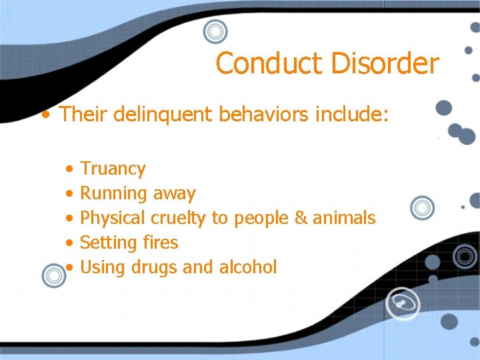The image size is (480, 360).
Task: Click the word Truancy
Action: [x=113, y=169]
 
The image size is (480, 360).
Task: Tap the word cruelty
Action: [x=179, y=218]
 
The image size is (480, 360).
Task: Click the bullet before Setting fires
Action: [x=70, y=243]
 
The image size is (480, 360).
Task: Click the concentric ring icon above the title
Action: [x=215, y=31]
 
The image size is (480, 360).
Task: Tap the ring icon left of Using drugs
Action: [x=53, y=274]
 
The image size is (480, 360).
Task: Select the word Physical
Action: [x=113, y=218]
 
